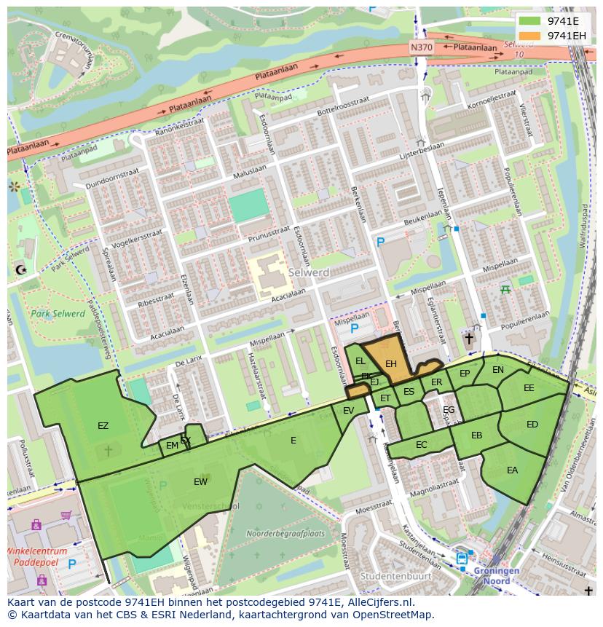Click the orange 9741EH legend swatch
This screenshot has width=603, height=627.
[x=531, y=35]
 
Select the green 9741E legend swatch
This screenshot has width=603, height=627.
[x=531, y=20]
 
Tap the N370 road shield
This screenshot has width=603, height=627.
[x=420, y=47]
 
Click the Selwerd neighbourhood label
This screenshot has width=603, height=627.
[x=309, y=272]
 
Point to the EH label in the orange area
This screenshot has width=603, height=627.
[x=391, y=363]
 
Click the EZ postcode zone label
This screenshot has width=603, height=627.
[x=103, y=425]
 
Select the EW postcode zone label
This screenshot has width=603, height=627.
[x=201, y=481]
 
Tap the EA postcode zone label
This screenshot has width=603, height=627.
[x=512, y=470]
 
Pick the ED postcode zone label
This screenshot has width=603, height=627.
[x=532, y=425]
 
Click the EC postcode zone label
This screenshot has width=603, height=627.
[x=422, y=444]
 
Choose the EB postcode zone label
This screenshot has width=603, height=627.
[x=476, y=435]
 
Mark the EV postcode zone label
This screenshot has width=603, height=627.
[x=348, y=411]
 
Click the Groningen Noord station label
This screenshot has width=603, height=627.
[x=497, y=576]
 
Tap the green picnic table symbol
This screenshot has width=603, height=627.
[x=505, y=290]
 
